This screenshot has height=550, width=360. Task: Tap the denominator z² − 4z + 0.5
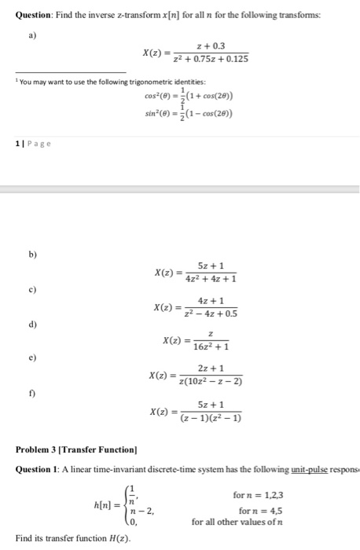(207, 314)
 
